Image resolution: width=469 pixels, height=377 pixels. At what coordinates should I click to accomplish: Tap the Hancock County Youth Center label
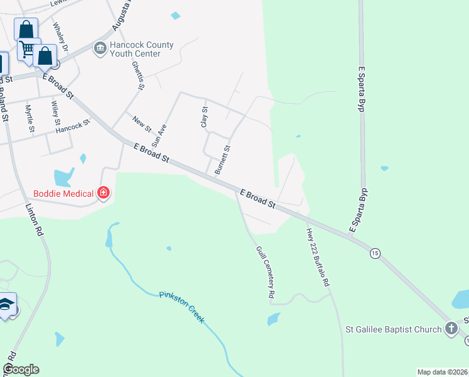point(135,50)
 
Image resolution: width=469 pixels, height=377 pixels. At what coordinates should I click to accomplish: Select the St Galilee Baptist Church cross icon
point(451,328)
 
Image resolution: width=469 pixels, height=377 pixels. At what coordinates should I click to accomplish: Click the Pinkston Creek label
point(181,306)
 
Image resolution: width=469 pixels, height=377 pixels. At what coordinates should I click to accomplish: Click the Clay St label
point(204,117)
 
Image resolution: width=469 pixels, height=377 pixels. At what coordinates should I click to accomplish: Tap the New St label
point(142,123)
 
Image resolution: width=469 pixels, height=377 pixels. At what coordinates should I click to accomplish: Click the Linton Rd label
point(34,219)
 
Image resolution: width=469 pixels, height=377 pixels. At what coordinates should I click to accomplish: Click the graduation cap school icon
point(6,305)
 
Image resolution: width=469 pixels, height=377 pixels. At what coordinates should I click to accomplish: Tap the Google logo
point(21,369)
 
